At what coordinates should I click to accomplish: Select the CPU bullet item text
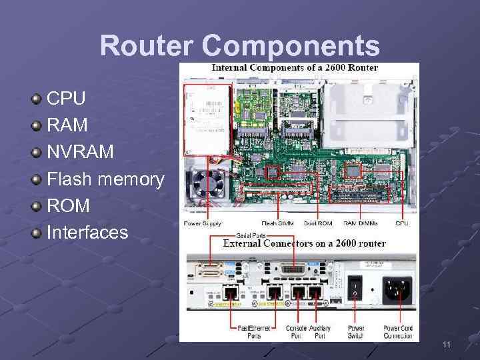[x=66, y=99]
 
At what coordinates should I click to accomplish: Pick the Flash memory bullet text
[x=105, y=179]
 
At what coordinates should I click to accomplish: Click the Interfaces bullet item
[x=87, y=232]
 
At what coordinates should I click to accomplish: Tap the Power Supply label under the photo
[x=203, y=223]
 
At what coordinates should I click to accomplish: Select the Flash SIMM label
[x=279, y=223]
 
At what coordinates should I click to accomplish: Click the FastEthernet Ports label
[x=253, y=331]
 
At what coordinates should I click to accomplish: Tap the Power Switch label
[x=356, y=331]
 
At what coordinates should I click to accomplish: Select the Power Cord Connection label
[x=399, y=331]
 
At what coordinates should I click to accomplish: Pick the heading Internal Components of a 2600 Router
[x=295, y=67]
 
